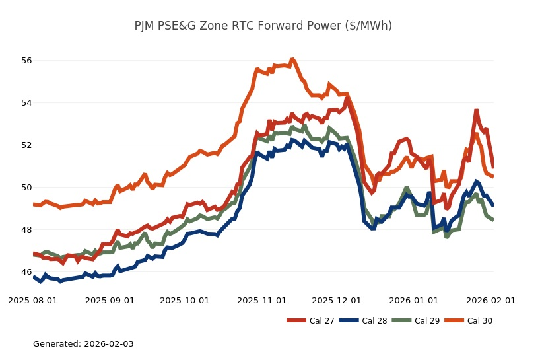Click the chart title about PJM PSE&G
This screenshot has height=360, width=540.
coord(263,26)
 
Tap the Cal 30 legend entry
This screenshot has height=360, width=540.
coord(471,321)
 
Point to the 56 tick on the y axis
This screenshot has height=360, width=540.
coord(26,61)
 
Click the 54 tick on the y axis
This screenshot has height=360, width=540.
coord(26,103)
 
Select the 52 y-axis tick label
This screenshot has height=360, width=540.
coord(26,145)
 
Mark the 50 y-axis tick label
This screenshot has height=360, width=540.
coord(26,188)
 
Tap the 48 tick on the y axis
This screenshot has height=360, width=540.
coord(26,230)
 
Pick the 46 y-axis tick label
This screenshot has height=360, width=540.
coord(26,272)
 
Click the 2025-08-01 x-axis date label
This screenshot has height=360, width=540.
coord(33,301)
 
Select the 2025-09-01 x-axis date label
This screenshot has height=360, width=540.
coord(110,301)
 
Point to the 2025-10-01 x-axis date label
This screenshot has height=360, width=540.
coord(185,301)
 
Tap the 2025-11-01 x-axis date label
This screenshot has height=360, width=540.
coord(262,301)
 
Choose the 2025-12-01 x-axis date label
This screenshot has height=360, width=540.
coord(337,301)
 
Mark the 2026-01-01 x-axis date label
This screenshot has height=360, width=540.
coord(414,301)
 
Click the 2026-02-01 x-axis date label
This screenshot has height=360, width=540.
coord(491,301)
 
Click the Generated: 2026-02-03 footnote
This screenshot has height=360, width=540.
coord(83,344)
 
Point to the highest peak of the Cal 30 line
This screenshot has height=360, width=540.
coord(292,60)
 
